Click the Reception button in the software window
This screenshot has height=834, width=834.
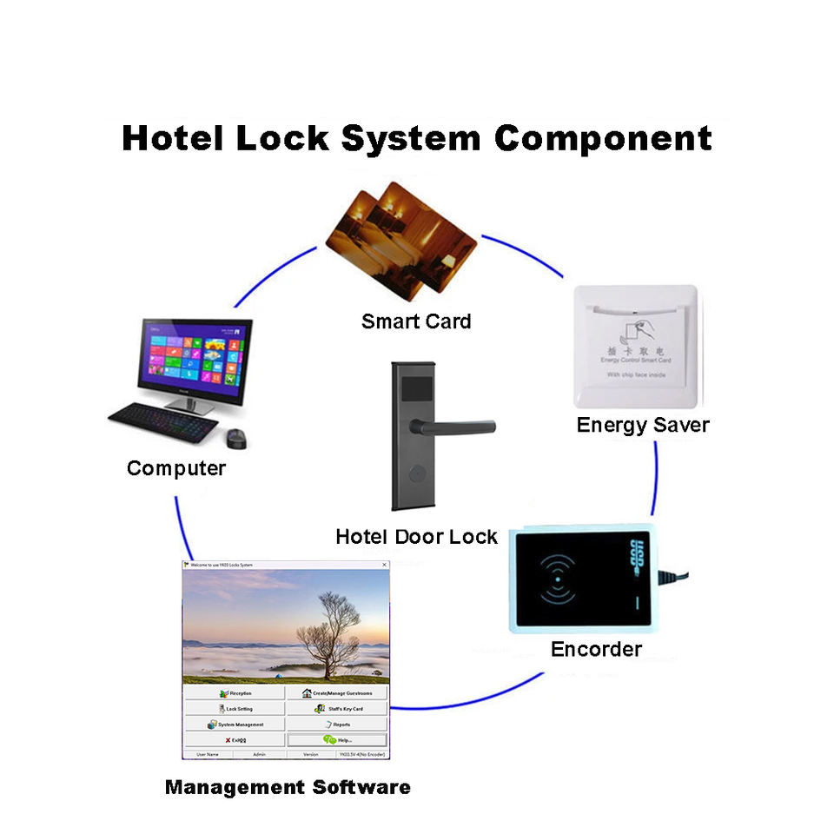[235, 693]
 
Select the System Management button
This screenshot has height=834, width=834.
[235, 724]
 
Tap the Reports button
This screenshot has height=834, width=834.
[337, 724]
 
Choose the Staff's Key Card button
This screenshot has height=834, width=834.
[337, 709]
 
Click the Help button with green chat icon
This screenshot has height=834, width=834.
[337, 739]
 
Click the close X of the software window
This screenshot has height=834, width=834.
[384, 565]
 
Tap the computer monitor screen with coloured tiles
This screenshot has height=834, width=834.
[195, 356]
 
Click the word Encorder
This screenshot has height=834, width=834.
[596, 649]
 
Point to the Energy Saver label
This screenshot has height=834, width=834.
[643, 425]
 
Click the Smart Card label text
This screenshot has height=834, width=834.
[416, 321]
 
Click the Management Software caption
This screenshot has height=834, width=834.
[288, 788]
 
